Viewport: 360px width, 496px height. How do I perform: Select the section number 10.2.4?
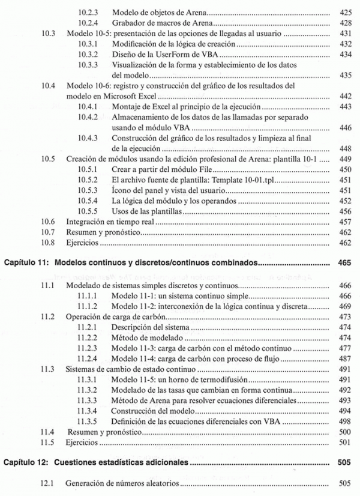[88, 23]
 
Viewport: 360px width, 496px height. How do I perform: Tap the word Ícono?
[122, 190]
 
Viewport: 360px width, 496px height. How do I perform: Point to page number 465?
[344, 262]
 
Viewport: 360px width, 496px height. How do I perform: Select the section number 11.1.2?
[88, 306]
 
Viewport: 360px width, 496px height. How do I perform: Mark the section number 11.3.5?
[88, 422]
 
